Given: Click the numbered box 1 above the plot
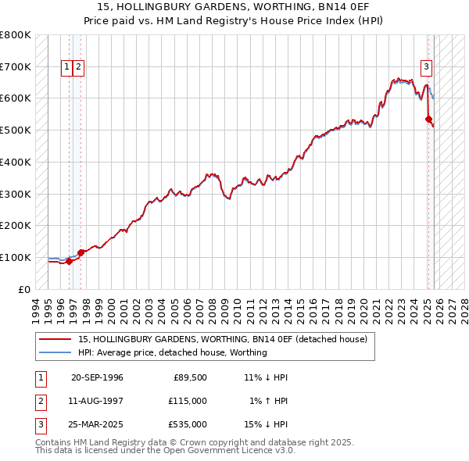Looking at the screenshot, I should [67, 67].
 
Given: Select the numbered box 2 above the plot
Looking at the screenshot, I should [80, 67].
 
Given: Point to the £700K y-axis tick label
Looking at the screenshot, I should [15, 66].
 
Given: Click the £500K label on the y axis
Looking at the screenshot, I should [15, 130].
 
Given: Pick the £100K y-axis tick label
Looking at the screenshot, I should [15, 257].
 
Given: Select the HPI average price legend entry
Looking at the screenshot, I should [172, 352].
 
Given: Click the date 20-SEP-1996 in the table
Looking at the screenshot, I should [97, 378].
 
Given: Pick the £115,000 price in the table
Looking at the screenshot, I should [188, 401].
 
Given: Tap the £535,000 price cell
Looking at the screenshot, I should [188, 424].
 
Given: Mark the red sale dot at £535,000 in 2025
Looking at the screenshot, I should [428, 119].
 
